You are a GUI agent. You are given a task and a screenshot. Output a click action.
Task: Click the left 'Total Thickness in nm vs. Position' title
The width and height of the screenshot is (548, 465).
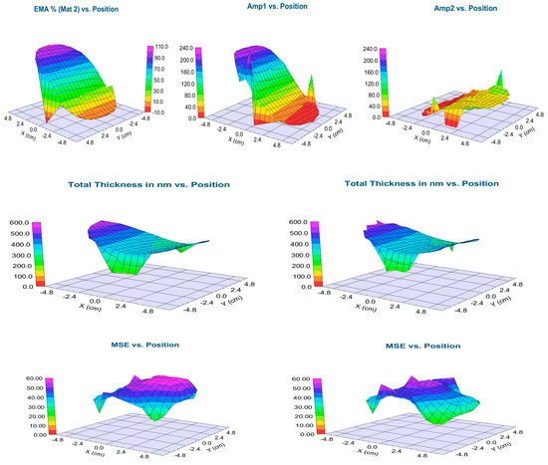point(149,184)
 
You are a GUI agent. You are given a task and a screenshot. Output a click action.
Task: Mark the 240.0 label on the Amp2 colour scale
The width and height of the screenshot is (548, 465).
point(365,47)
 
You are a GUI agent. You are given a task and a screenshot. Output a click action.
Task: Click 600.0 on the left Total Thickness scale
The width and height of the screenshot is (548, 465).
point(17,222)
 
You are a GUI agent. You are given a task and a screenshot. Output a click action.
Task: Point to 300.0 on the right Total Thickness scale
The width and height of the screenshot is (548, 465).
point(284,254)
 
